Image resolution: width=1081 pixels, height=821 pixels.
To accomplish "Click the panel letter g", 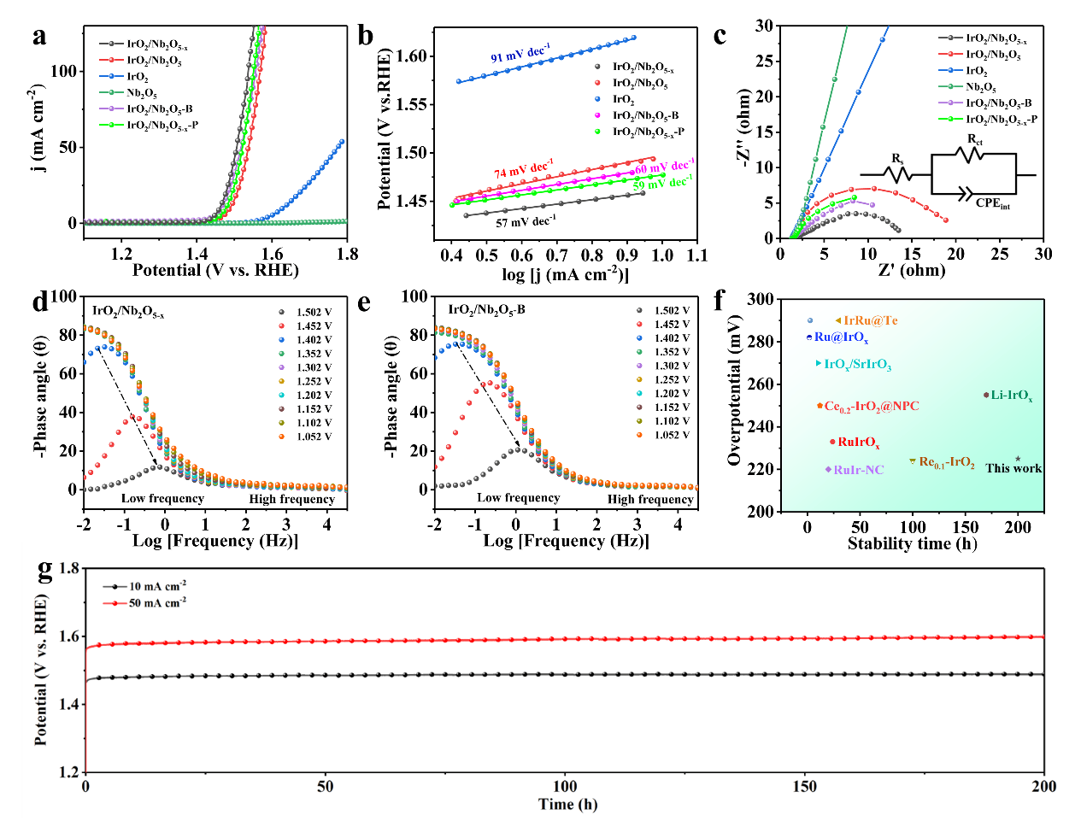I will pyautogui.click(x=45, y=570).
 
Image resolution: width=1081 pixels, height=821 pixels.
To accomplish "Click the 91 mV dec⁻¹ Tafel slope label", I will pyautogui.click(x=520, y=54).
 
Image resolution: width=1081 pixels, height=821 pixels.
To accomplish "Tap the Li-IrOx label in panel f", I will pyautogui.click(x=1012, y=396).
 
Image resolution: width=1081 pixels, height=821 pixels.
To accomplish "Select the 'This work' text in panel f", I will pyautogui.click(x=1013, y=468).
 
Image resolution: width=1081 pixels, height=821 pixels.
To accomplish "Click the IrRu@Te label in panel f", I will pyautogui.click(x=870, y=321).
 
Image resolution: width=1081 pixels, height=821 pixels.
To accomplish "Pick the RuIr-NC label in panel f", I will pyautogui.click(x=858, y=470).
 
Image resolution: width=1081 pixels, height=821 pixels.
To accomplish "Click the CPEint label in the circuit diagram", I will pyautogui.click(x=992, y=203).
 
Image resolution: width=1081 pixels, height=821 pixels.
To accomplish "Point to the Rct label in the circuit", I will pyautogui.click(x=974, y=139).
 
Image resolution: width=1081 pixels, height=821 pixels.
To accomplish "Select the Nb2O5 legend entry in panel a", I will pyautogui.click(x=142, y=93).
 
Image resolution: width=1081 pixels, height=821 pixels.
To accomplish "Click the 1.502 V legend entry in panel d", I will pyautogui.click(x=314, y=313).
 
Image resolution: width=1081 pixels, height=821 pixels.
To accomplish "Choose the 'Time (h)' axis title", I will pyautogui.click(x=567, y=804).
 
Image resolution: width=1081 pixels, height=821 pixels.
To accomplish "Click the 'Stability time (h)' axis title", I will pyautogui.click(x=912, y=543).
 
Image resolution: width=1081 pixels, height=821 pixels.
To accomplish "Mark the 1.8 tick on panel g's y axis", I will pyautogui.click(x=69, y=569).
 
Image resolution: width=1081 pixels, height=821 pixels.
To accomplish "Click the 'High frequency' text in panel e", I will pyautogui.click(x=650, y=499).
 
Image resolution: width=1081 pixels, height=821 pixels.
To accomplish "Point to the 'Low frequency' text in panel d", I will pyautogui.click(x=162, y=498).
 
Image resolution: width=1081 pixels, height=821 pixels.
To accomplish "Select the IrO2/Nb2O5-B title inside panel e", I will pyautogui.click(x=486, y=309).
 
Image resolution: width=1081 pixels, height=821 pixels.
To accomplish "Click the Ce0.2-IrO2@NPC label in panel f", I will pyautogui.click(x=871, y=407).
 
